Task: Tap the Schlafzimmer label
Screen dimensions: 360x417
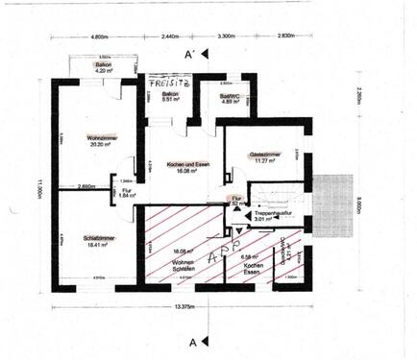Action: pos(94,241)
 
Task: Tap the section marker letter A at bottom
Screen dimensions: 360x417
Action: pos(193,341)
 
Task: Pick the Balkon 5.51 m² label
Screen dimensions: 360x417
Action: pos(169,97)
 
